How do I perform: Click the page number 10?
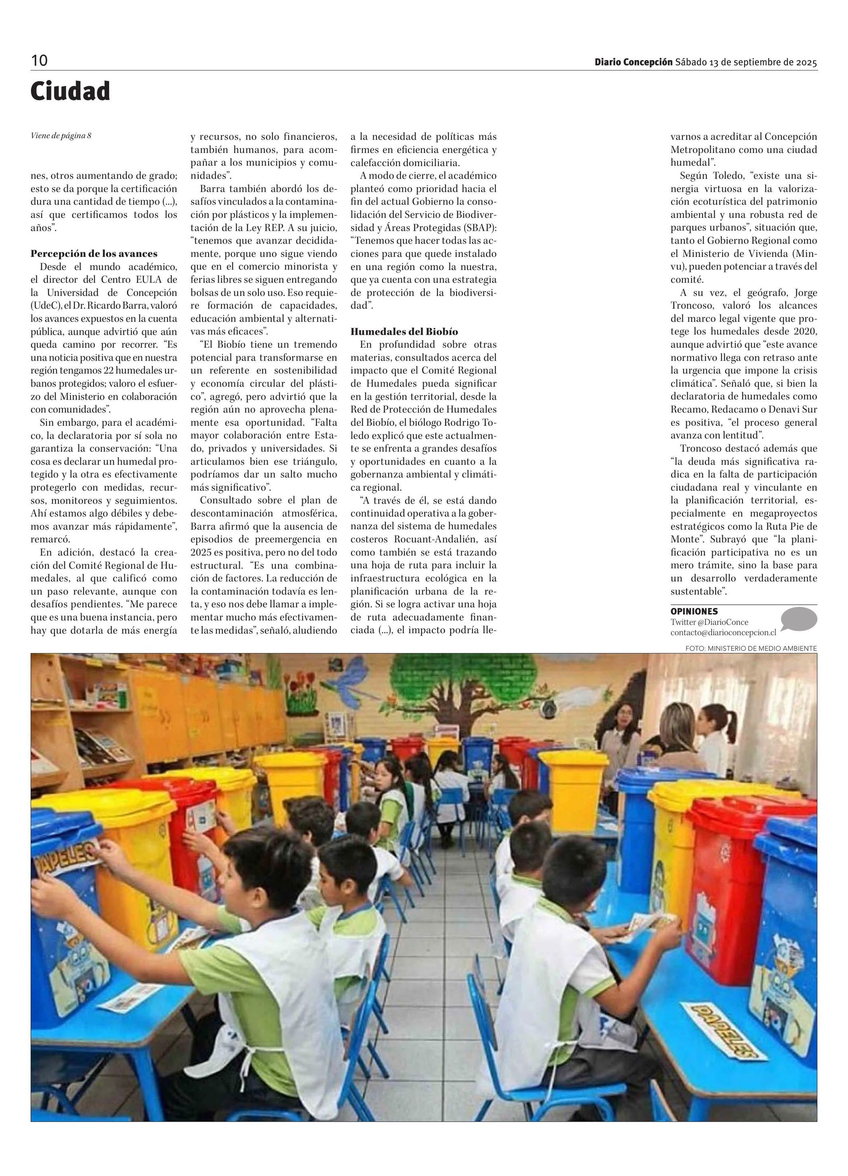[40, 61]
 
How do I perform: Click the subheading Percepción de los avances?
[94, 254]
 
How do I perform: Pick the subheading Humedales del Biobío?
[404, 331]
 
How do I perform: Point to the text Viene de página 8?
[61, 136]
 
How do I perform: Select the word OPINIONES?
[694, 611]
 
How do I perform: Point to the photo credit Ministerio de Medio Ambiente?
[751, 648]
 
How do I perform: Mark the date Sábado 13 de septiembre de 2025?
[746, 62]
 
